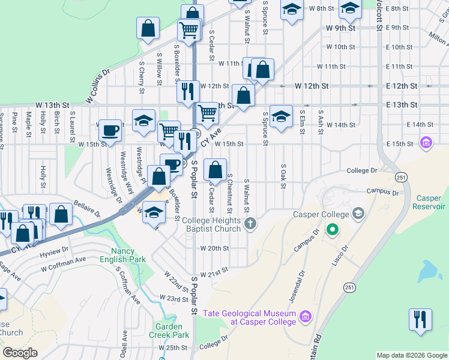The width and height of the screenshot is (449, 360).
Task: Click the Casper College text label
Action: pyautogui.click(x=321, y=214)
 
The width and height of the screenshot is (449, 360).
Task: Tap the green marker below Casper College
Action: pyautogui.click(x=331, y=229)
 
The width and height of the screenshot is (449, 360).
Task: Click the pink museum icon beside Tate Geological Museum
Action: pyautogui.click(x=305, y=316)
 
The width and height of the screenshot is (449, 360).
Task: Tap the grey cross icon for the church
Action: pyautogui.click(x=250, y=225)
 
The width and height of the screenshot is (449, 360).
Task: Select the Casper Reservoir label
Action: pyautogui.click(x=430, y=202)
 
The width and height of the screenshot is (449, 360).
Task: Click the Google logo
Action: pyautogui.click(x=20, y=353)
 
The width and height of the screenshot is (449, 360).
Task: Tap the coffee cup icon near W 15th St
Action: pyautogui.click(x=110, y=130)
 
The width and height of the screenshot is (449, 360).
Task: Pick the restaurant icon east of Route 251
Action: pyautogui.click(x=420, y=318)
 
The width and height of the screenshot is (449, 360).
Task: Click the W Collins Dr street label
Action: pyautogui.click(x=98, y=85)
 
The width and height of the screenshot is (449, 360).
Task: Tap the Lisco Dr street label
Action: pyautogui.click(x=340, y=256)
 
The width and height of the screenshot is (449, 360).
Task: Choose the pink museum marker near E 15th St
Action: pyautogui.click(x=426, y=143)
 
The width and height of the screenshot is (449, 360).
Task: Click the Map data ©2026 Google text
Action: pyautogui.click(x=412, y=355)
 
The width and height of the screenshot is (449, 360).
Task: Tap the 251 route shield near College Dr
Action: pyautogui.click(x=402, y=177)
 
